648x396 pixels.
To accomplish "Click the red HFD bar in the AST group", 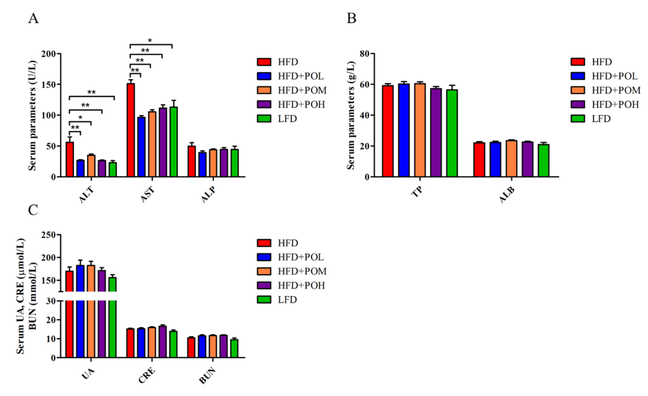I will click(131, 130).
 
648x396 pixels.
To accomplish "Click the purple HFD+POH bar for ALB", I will click(528, 159).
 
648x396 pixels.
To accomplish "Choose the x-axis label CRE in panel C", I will click(147, 376).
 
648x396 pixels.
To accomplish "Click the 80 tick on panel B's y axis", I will click(365, 54).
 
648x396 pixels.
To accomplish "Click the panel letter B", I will click(351, 18).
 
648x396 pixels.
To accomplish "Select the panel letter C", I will click(33, 210).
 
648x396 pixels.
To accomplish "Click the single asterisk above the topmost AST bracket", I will click(150, 41).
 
